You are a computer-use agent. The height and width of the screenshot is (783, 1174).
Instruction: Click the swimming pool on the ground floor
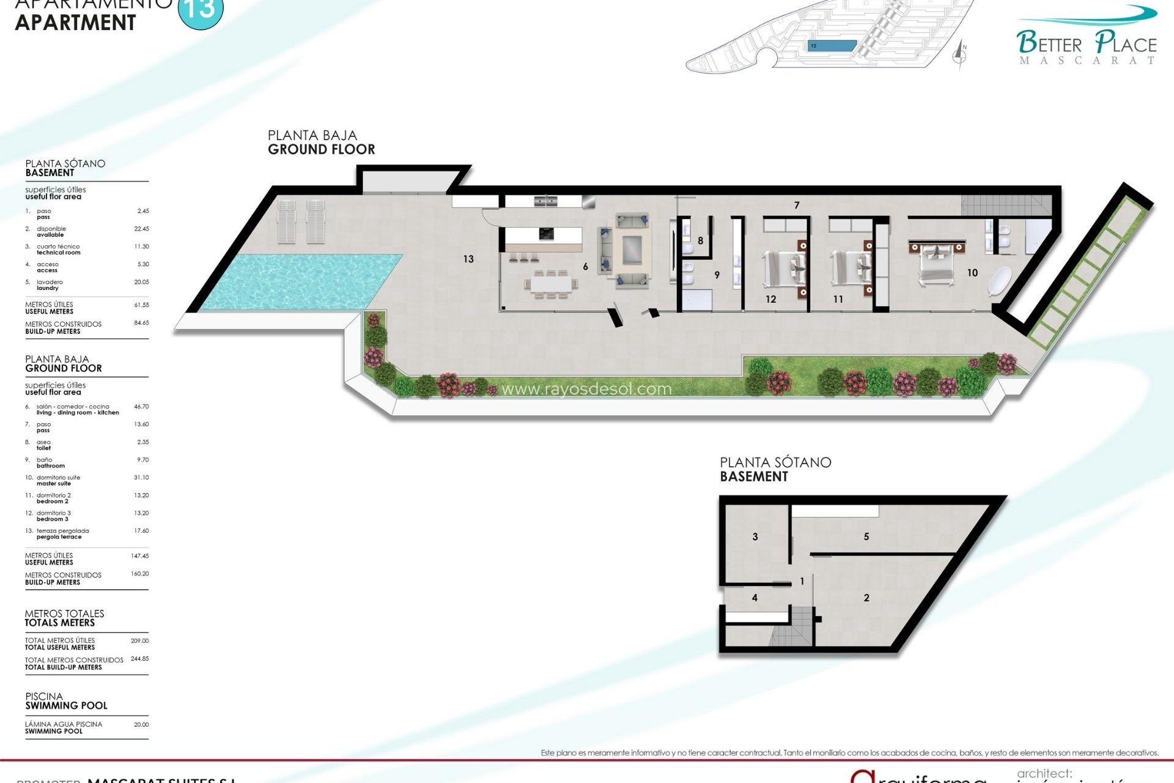(x=300, y=281)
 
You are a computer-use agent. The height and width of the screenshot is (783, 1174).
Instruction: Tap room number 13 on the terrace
(x=468, y=259)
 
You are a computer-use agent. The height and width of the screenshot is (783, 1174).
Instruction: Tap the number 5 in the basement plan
(x=866, y=536)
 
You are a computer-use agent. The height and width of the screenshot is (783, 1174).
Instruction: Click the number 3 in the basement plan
(x=755, y=536)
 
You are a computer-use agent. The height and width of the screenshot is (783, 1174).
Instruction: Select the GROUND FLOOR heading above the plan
(x=321, y=149)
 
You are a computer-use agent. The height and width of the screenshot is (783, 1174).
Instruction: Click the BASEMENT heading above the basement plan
(x=754, y=477)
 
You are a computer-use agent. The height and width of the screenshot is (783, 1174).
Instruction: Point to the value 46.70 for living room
(x=141, y=406)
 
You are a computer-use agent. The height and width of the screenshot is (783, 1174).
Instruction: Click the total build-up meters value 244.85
(x=139, y=659)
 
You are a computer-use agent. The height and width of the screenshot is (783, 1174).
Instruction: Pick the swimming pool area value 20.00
(x=141, y=724)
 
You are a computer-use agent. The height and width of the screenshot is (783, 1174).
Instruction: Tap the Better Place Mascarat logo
(x=1087, y=43)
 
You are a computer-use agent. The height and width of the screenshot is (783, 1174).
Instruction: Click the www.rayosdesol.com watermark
(x=586, y=389)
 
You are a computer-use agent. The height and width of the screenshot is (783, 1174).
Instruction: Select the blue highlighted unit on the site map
(x=832, y=46)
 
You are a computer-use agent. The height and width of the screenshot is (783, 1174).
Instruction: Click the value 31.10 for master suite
(x=141, y=477)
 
